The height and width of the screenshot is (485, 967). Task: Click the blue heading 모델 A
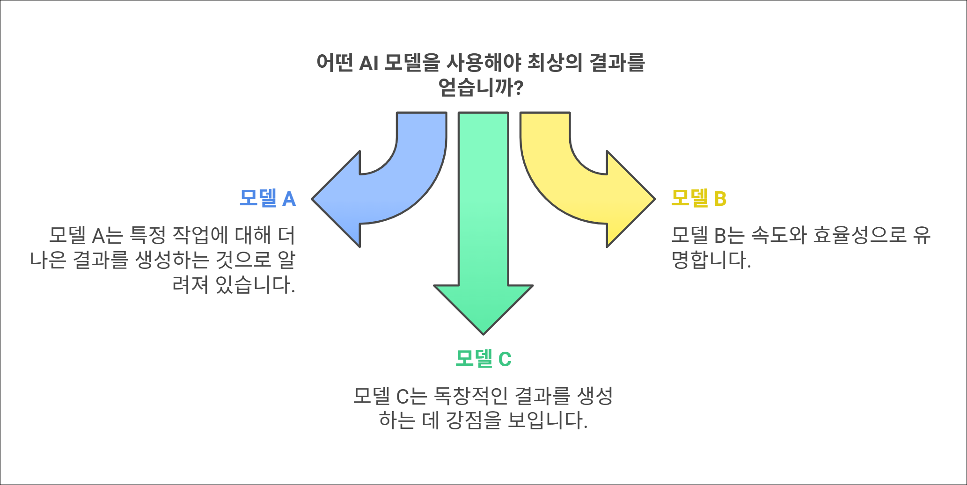click(x=267, y=198)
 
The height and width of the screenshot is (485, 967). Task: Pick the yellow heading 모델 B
click(x=699, y=198)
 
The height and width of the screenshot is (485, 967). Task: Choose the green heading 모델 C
click(x=483, y=359)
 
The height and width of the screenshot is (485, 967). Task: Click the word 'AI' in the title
click(x=368, y=63)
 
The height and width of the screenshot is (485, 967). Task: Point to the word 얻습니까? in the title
click(x=481, y=87)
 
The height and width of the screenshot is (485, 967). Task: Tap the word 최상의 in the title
click(x=555, y=63)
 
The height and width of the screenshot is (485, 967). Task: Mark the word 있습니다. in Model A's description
click(x=256, y=284)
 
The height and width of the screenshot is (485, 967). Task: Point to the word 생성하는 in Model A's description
click(x=172, y=260)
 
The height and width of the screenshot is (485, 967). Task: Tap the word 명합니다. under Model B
click(x=711, y=260)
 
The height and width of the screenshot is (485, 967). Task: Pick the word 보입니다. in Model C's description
click(x=548, y=420)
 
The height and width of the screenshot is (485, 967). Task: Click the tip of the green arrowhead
click(x=483, y=333)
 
